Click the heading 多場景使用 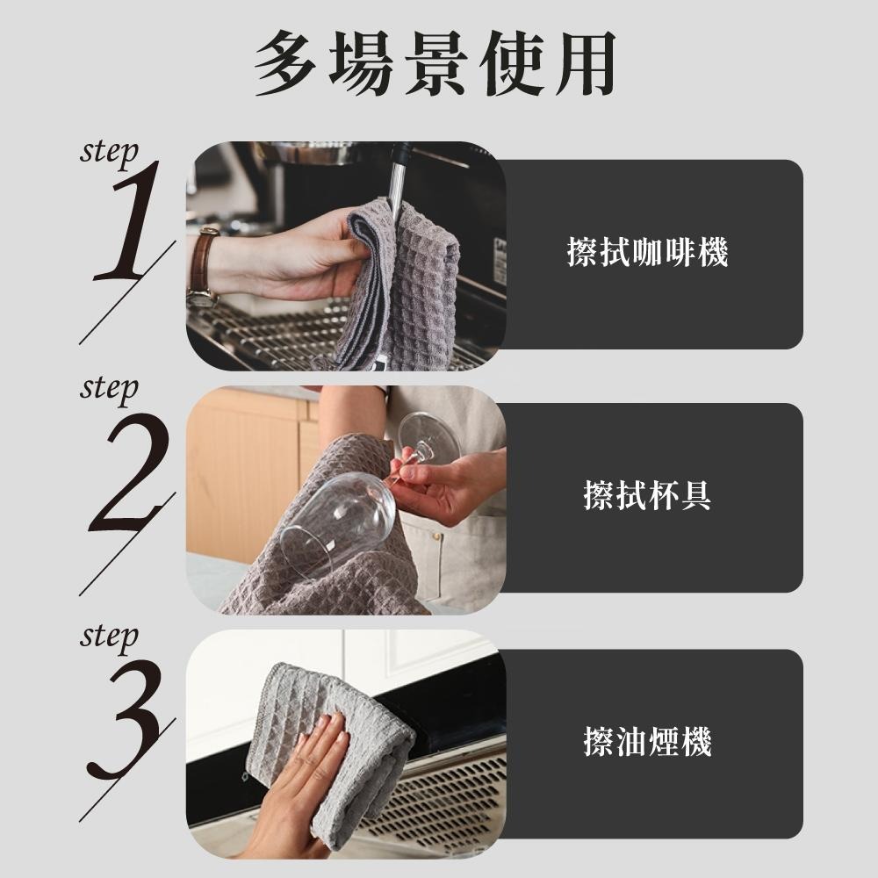[x=435, y=63]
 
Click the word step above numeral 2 [x=109, y=387]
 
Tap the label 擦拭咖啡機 [x=647, y=254]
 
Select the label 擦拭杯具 [x=647, y=496]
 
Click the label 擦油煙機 [x=647, y=742]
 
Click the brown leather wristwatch [x=204, y=268]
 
